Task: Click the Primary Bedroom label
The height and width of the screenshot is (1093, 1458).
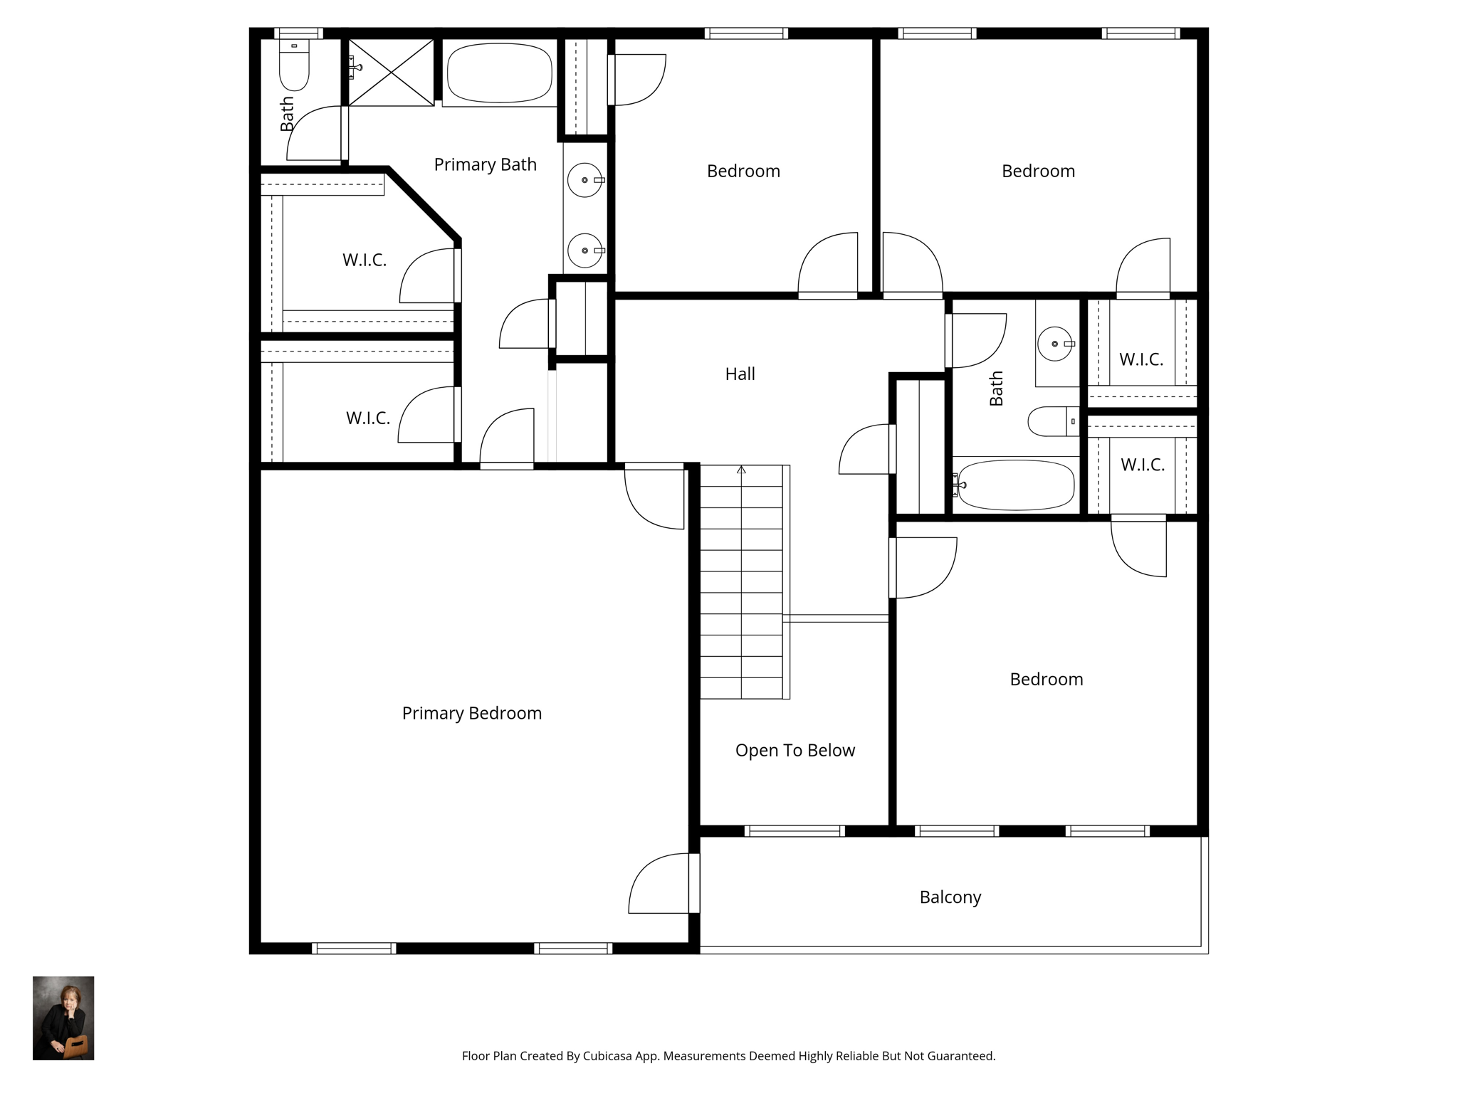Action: [472, 713]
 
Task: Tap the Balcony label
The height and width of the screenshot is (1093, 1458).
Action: [950, 897]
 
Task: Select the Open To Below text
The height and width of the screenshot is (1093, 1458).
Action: [795, 751]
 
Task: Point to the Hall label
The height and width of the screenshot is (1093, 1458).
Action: [740, 374]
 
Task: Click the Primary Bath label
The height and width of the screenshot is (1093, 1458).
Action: [486, 164]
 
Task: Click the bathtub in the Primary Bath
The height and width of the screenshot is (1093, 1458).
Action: [499, 74]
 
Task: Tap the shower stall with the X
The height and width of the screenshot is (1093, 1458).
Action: [391, 73]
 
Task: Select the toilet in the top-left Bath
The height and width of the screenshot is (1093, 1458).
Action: [294, 65]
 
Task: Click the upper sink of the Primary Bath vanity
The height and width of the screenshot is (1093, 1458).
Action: [585, 180]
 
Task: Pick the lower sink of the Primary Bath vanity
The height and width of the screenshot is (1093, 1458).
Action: [585, 250]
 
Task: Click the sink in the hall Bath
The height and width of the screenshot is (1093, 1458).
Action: [1055, 344]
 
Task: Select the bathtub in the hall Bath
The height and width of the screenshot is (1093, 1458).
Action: [1016, 485]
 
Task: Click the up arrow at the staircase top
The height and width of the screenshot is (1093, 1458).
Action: [741, 470]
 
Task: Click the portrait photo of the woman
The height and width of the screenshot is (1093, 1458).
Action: [63, 1018]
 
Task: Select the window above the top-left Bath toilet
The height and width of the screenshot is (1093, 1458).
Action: [299, 33]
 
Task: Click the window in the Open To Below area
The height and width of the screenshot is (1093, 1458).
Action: [794, 830]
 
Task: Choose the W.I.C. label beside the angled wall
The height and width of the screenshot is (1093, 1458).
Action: [364, 260]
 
